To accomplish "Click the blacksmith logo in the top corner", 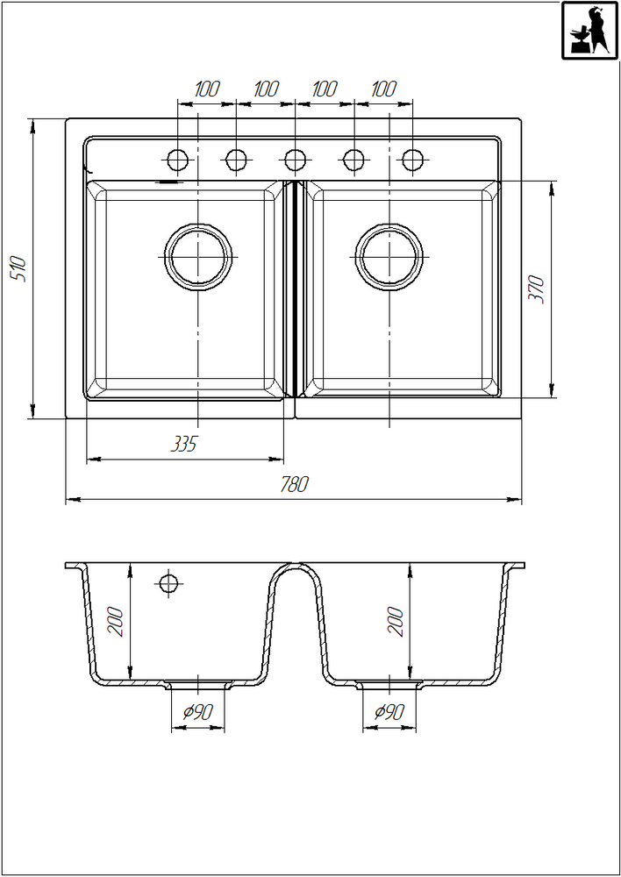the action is pyautogui.click(x=589, y=30).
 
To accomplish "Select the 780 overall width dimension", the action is pyautogui.click(x=295, y=484).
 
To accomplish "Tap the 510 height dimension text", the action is pyautogui.click(x=18, y=268).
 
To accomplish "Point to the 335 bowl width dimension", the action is pyautogui.click(x=184, y=445).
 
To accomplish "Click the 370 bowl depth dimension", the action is pyautogui.click(x=537, y=289).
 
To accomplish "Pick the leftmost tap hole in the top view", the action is pyautogui.click(x=178, y=160).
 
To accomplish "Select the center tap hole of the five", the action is pyautogui.click(x=295, y=160).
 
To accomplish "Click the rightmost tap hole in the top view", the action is pyautogui.click(x=412, y=160).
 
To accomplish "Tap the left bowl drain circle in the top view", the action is pyautogui.click(x=198, y=257).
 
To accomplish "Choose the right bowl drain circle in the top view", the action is pyautogui.click(x=389, y=257).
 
